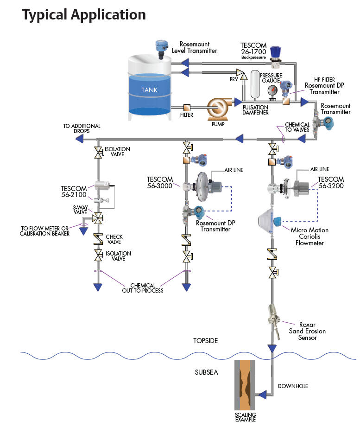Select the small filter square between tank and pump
tap(187, 107)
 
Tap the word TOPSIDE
tap(205, 341)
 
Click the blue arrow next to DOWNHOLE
tap(263, 395)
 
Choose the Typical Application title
tap(84, 14)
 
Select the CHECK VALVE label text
tap(114, 240)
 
